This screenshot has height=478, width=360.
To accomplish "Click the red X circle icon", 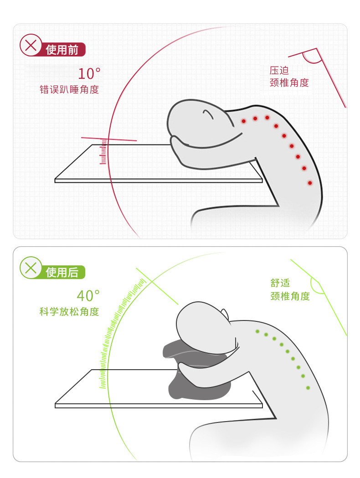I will tap(31, 45).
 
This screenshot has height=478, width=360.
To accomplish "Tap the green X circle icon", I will tap(31, 268).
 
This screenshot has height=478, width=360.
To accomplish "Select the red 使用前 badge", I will tap(63, 50).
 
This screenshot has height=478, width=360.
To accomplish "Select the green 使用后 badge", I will tap(63, 272).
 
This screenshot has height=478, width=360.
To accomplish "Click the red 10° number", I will tap(89, 73).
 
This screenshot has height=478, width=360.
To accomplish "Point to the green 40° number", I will tap(88, 296).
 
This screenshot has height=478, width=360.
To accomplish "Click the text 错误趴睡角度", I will tap(69, 90).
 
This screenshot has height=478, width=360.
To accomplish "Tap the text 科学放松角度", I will tap(69, 312).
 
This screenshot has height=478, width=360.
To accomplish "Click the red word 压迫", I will tap(279, 71).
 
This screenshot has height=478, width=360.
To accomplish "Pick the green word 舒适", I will tap(280, 283).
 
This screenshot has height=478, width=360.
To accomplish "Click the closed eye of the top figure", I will tap(208, 113).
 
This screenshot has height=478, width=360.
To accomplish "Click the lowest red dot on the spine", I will tap(310, 183).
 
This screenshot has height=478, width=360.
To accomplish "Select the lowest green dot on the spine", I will tap(308, 388).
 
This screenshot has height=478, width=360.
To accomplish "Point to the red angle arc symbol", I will tap(312, 57).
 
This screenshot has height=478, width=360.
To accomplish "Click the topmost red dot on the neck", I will tap(244, 121).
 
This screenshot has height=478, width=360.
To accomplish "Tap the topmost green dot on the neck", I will tap(257, 331).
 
